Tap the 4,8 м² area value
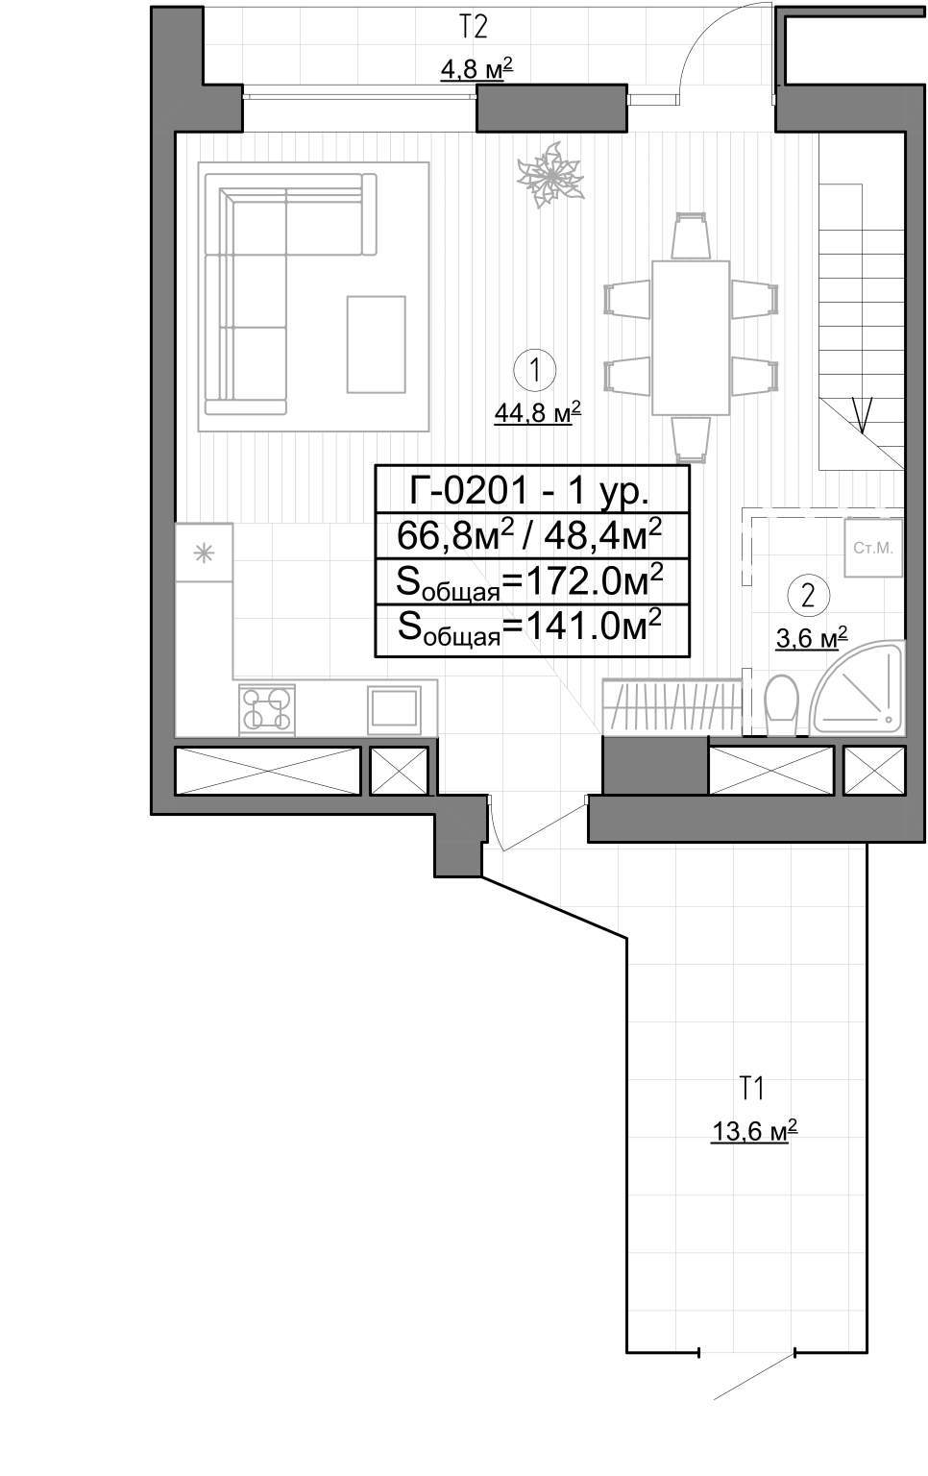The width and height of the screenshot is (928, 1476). click(x=476, y=68)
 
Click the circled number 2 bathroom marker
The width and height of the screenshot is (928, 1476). click(x=809, y=596)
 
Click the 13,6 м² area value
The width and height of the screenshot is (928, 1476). click(x=754, y=1132)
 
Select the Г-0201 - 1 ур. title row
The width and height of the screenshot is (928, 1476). click(x=532, y=489)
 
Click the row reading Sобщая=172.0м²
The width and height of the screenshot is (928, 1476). click(x=532, y=581)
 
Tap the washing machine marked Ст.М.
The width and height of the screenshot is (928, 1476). click(x=873, y=549)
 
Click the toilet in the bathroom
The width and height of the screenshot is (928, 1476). click(x=782, y=703)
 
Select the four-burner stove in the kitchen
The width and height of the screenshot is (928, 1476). click(x=267, y=710)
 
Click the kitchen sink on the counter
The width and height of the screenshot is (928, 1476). click(x=394, y=709)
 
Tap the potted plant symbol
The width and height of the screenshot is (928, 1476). click(x=550, y=175)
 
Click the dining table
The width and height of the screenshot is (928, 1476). click(x=691, y=338)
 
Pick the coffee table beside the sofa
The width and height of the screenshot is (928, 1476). click(x=376, y=345)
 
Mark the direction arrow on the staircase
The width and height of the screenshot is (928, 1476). click(x=862, y=415)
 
